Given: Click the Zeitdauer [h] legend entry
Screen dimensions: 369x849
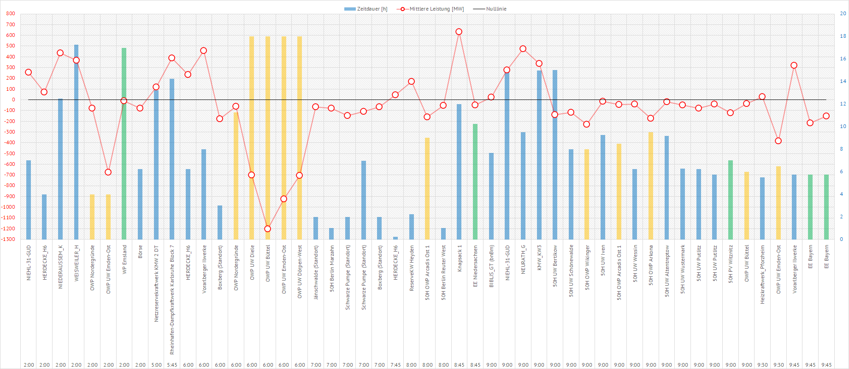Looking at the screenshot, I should point(366,9).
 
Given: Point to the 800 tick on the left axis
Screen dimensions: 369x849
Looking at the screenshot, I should point(11,14).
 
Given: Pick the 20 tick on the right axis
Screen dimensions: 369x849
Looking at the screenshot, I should point(843,14).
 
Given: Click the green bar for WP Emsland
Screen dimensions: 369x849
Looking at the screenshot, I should point(124,143).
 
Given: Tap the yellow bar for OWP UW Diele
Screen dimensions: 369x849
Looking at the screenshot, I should point(252,138).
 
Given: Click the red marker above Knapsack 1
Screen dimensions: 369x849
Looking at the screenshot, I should point(459,32).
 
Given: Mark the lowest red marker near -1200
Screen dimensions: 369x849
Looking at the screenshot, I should point(268,228).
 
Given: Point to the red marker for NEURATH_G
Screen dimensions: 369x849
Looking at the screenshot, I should point(523,49).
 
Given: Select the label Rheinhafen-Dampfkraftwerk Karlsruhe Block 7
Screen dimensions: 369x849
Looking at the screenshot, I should point(172,299).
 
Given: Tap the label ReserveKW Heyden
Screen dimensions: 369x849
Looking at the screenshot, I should point(412,268).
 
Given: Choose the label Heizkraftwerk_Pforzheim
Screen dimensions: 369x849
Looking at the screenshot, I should point(762,274).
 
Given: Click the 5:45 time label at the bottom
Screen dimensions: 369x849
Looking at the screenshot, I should point(172,365).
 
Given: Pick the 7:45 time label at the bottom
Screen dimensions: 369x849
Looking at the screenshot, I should point(395,365).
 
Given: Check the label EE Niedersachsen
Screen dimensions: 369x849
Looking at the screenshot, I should point(476,266).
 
